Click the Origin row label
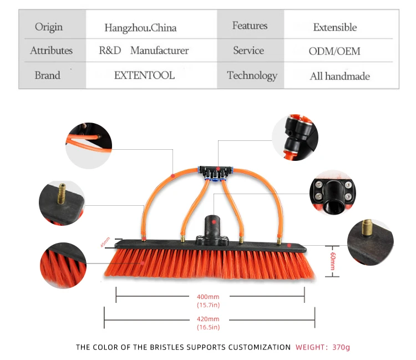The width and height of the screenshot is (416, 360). (49, 27)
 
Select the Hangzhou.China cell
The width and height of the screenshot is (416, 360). (140, 28)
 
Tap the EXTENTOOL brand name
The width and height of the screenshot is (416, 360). (144, 75)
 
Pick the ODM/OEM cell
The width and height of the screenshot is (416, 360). (334, 51)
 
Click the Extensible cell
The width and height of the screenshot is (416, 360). (335, 27)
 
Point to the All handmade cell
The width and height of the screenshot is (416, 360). (340, 77)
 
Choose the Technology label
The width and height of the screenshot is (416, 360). (252, 76)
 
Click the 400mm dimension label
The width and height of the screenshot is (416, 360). (208, 297)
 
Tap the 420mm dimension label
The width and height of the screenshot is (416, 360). (208, 319)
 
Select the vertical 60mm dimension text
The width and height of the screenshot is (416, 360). (333, 261)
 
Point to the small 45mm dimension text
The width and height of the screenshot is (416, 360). (105, 242)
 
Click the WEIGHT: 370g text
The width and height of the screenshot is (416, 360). (323, 347)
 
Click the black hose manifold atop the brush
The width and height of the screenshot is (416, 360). (216, 173)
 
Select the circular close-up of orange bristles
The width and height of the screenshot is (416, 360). (63, 265)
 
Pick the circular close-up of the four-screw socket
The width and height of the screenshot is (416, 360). (333, 193)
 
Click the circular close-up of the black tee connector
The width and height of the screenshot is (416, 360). (295, 138)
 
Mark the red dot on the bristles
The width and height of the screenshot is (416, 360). (143, 263)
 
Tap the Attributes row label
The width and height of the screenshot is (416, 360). (52, 50)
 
